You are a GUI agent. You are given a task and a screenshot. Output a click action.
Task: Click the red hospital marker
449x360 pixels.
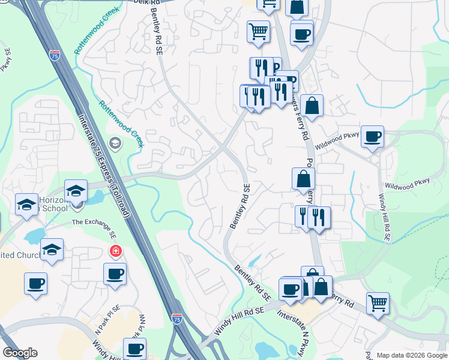point(113,250)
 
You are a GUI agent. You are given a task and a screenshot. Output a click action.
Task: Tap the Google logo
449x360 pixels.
point(20,353)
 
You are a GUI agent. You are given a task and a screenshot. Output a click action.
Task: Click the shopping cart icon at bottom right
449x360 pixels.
point(378,304)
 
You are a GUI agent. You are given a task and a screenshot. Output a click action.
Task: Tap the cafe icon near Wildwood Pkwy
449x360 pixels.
point(372,136)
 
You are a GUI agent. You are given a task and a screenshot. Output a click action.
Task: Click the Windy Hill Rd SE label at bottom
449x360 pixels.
point(239,321)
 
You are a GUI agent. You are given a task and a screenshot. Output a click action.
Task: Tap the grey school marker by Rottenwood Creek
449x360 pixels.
point(115,143)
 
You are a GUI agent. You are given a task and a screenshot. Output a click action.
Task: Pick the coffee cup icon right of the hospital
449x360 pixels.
point(115,274)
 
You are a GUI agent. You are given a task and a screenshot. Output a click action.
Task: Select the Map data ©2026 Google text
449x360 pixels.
point(412,355)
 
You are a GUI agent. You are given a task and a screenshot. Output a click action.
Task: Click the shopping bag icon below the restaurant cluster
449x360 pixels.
point(312,106)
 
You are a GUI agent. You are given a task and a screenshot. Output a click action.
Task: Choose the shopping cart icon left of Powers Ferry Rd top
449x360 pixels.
point(259,31)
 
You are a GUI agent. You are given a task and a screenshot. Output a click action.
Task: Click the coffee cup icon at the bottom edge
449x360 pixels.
point(134,348)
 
